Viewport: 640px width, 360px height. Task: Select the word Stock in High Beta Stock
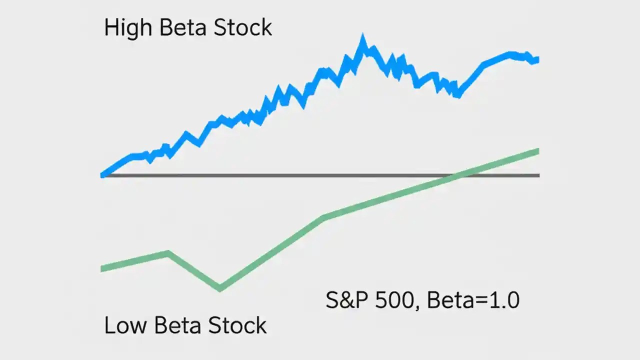click(x=243, y=27)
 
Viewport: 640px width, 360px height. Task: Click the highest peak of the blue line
click(x=362, y=38)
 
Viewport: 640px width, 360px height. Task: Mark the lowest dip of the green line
click(x=220, y=288)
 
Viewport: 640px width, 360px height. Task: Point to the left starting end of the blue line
click(x=103, y=174)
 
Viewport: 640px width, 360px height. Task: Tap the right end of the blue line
click(x=536, y=60)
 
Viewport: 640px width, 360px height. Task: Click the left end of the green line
click(x=102, y=269)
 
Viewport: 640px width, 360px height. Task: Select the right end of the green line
click(x=537, y=151)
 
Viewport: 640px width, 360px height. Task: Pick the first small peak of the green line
click(x=168, y=253)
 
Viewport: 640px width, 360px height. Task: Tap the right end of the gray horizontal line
click(x=538, y=175)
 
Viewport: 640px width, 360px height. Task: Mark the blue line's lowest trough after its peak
click(x=456, y=95)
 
